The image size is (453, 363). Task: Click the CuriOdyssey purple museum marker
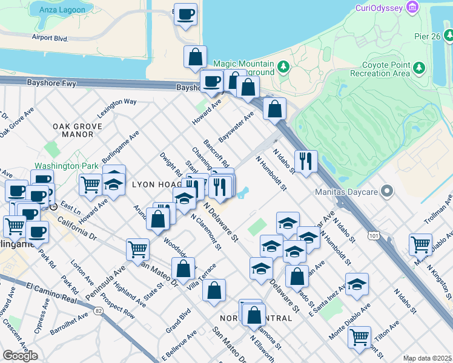coord(413,7)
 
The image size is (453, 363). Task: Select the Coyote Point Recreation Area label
coord(385,69)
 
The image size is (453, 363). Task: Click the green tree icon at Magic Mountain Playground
coord(283,66)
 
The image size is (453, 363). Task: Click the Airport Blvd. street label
coord(50,37)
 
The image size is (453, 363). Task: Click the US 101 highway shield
coord(374,234)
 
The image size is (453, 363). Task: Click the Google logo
coord(20,355)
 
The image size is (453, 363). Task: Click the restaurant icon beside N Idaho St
coord(305,160)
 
